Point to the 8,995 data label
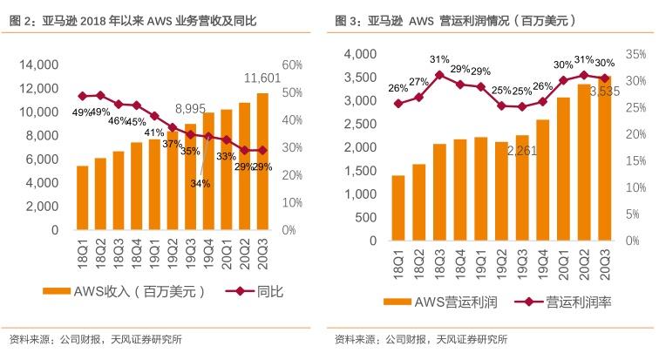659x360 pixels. (190, 108)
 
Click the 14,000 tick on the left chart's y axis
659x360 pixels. (37, 65)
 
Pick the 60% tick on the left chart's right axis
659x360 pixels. (291, 65)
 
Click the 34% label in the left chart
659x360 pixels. (200, 183)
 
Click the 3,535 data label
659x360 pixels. (606, 91)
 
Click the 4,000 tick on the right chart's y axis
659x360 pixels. (362, 54)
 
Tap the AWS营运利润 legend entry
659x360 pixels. (445, 302)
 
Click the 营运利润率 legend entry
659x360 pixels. (575, 302)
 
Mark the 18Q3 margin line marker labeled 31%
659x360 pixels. (439, 75)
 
